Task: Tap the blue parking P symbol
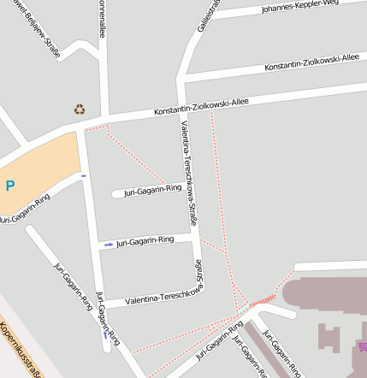10,185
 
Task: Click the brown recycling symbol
80,109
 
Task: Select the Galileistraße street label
209,15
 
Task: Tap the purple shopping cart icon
363,346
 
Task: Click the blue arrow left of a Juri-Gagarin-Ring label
108,245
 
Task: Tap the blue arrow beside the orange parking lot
83,175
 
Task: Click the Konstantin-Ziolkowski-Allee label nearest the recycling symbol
201,106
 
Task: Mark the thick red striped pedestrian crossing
264,298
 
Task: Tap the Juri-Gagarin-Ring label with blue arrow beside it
145,242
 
